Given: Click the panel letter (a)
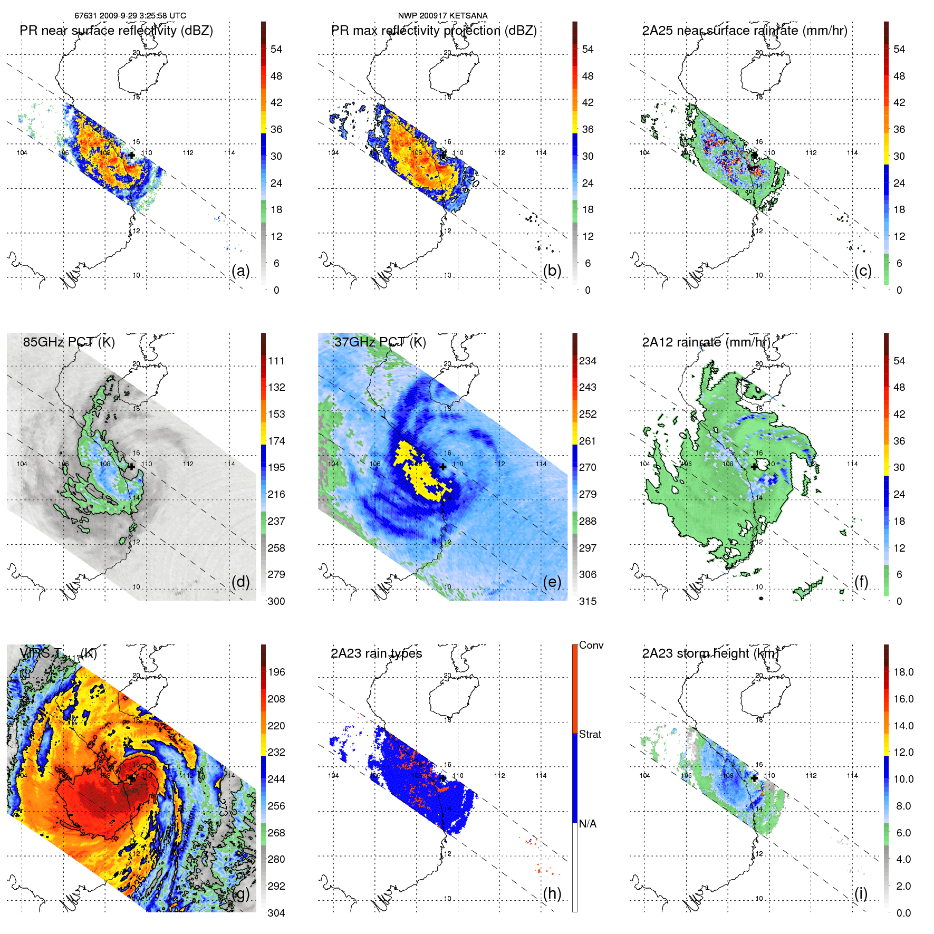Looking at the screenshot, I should pos(240,271).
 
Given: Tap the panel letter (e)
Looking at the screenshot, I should pos(552,582).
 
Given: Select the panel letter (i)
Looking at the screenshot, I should pos(861,893).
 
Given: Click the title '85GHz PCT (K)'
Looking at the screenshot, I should pos(69,342).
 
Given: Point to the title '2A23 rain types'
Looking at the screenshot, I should pos(376,653).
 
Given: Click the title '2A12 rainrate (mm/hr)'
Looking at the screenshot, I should pos(706,342).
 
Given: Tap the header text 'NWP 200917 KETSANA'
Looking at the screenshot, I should pos(442,16).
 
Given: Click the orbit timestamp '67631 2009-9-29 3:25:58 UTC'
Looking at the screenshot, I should pos(130,16).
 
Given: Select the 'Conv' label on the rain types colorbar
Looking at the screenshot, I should pos(591,645).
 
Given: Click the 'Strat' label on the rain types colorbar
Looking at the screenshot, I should pos(590,734).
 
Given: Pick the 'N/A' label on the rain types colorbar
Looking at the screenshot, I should pos(588,824).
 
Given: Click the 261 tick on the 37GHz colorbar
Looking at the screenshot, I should pos(588,441).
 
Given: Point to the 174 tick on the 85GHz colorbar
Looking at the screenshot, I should pos(276,441).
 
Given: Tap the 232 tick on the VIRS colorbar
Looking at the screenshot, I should pos(276,752).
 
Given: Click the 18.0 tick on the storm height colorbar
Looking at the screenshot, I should pos(903,672).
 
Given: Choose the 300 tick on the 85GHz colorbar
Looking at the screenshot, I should pos(276,601).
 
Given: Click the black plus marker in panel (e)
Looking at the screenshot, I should pos(443,467).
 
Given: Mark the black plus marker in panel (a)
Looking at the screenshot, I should pos(131,155).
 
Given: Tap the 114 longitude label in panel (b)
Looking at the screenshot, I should pos(541,153).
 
